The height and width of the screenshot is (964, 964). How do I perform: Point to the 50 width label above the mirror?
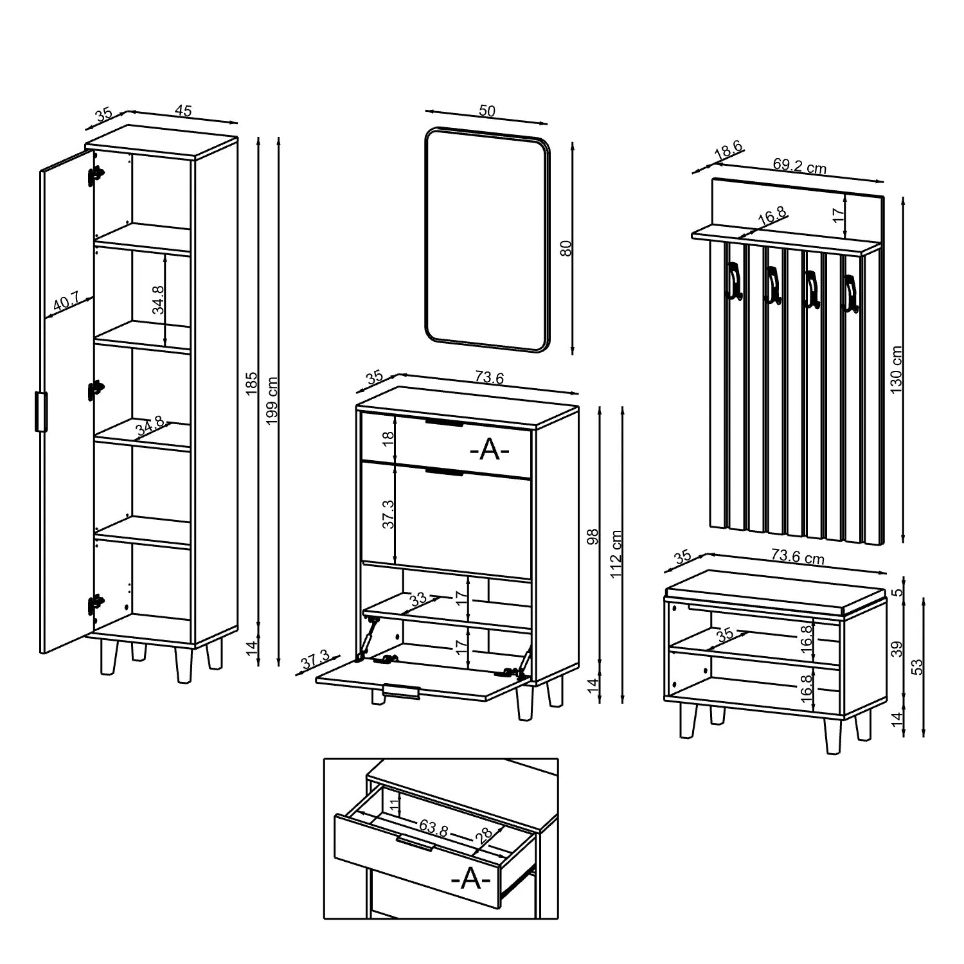[487, 111]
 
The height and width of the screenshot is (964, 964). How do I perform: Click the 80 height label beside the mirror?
[566, 248]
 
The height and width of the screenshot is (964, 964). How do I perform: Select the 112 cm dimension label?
[616, 554]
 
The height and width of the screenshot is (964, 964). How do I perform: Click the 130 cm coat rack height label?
[897, 370]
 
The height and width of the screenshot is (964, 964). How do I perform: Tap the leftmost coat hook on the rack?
[733, 281]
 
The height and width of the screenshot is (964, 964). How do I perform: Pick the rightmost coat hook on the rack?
[851, 294]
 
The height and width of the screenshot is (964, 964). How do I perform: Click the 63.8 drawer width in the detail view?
[434, 828]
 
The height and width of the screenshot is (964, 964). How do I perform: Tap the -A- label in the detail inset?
[471, 879]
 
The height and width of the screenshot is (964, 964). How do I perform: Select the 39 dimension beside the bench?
[897, 648]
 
